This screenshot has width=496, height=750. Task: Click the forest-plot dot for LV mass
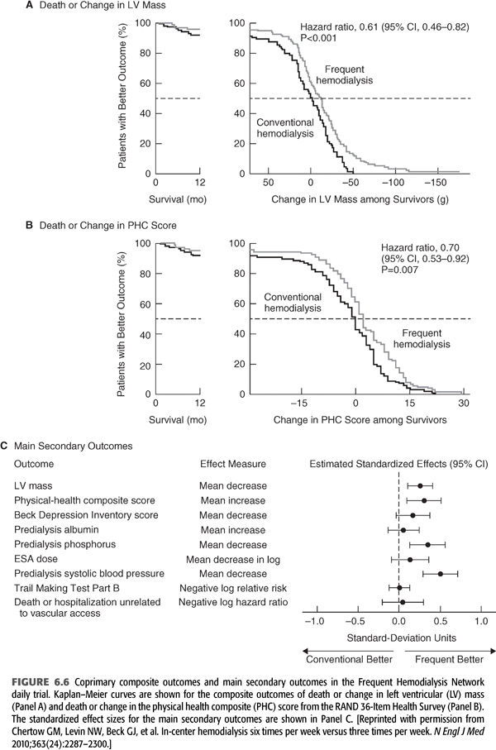[x=420, y=486]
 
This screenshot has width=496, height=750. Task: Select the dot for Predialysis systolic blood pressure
[x=441, y=574]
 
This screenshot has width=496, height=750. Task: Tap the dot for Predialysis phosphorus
[x=427, y=544]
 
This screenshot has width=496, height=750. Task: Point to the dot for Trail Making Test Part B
[x=399, y=588]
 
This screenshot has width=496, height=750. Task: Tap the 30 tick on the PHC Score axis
[x=464, y=402]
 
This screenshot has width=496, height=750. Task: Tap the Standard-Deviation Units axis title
[x=398, y=638]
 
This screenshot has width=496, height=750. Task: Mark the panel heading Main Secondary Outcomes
[x=74, y=445]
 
